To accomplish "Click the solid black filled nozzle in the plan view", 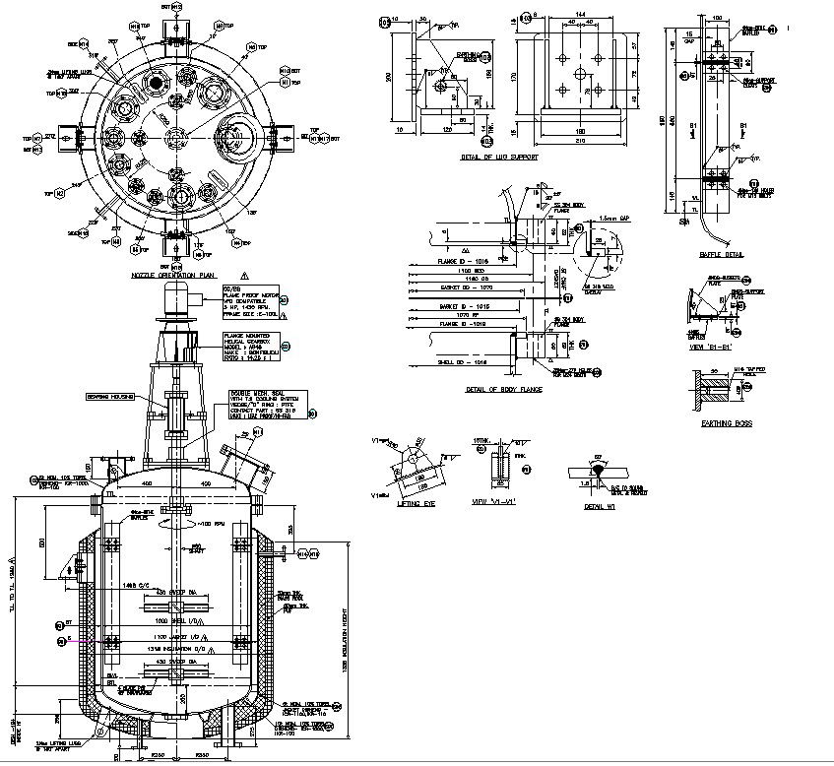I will pos(154,83).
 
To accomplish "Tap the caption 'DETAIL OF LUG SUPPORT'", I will pos(500,157).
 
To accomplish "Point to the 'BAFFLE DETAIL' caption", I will pos(721,253).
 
